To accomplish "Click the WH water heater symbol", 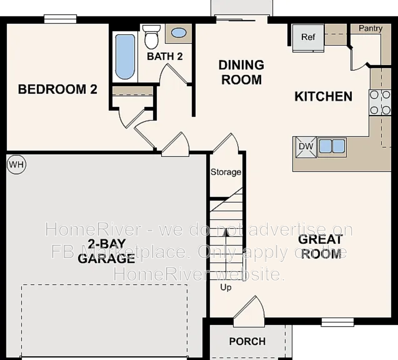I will (16, 164).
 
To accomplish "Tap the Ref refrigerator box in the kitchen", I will (307, 37).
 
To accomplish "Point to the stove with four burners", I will (380, 103).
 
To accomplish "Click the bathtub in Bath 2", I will (125, 56).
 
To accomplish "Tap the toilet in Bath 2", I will (150, 36).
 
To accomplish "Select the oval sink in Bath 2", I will (179, 33).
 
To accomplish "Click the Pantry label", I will (371, 28).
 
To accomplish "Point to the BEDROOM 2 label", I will (58, 90).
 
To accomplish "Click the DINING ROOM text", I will (241, 72).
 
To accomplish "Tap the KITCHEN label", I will (323, 96).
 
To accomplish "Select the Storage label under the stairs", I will (226, 172).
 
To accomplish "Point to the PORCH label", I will (247, 342).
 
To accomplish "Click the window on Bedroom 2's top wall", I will (60, 19).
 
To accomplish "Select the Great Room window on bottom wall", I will (337, 322).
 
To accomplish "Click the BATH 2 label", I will (165, 56).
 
